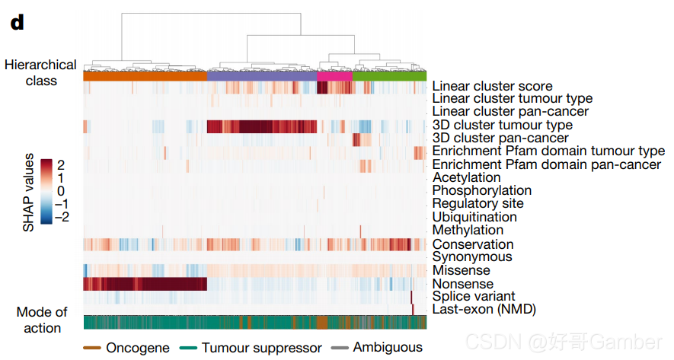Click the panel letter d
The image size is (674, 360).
(x=17, y=22)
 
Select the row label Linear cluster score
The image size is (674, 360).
(x=492, y=86)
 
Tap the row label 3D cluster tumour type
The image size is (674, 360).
(x=502, y=125)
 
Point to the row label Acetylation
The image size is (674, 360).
(x=466, y=177)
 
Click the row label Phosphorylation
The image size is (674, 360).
(x=481, y=190)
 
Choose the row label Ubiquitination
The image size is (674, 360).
(x=474, y=217)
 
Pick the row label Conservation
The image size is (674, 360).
(x=472, y=244)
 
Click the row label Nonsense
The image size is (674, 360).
(x=462, y=283)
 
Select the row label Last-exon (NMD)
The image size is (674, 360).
(x=484, y=309)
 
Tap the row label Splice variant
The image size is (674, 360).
(x=474, y=296)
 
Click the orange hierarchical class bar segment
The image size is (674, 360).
(x=145, y=76)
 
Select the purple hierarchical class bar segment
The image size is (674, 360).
(x=261, y=76)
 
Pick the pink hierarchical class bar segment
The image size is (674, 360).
(x=334, y=76)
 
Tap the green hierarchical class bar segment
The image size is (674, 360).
(x=389, y=76)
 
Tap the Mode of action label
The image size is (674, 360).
(x=42, y=320)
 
